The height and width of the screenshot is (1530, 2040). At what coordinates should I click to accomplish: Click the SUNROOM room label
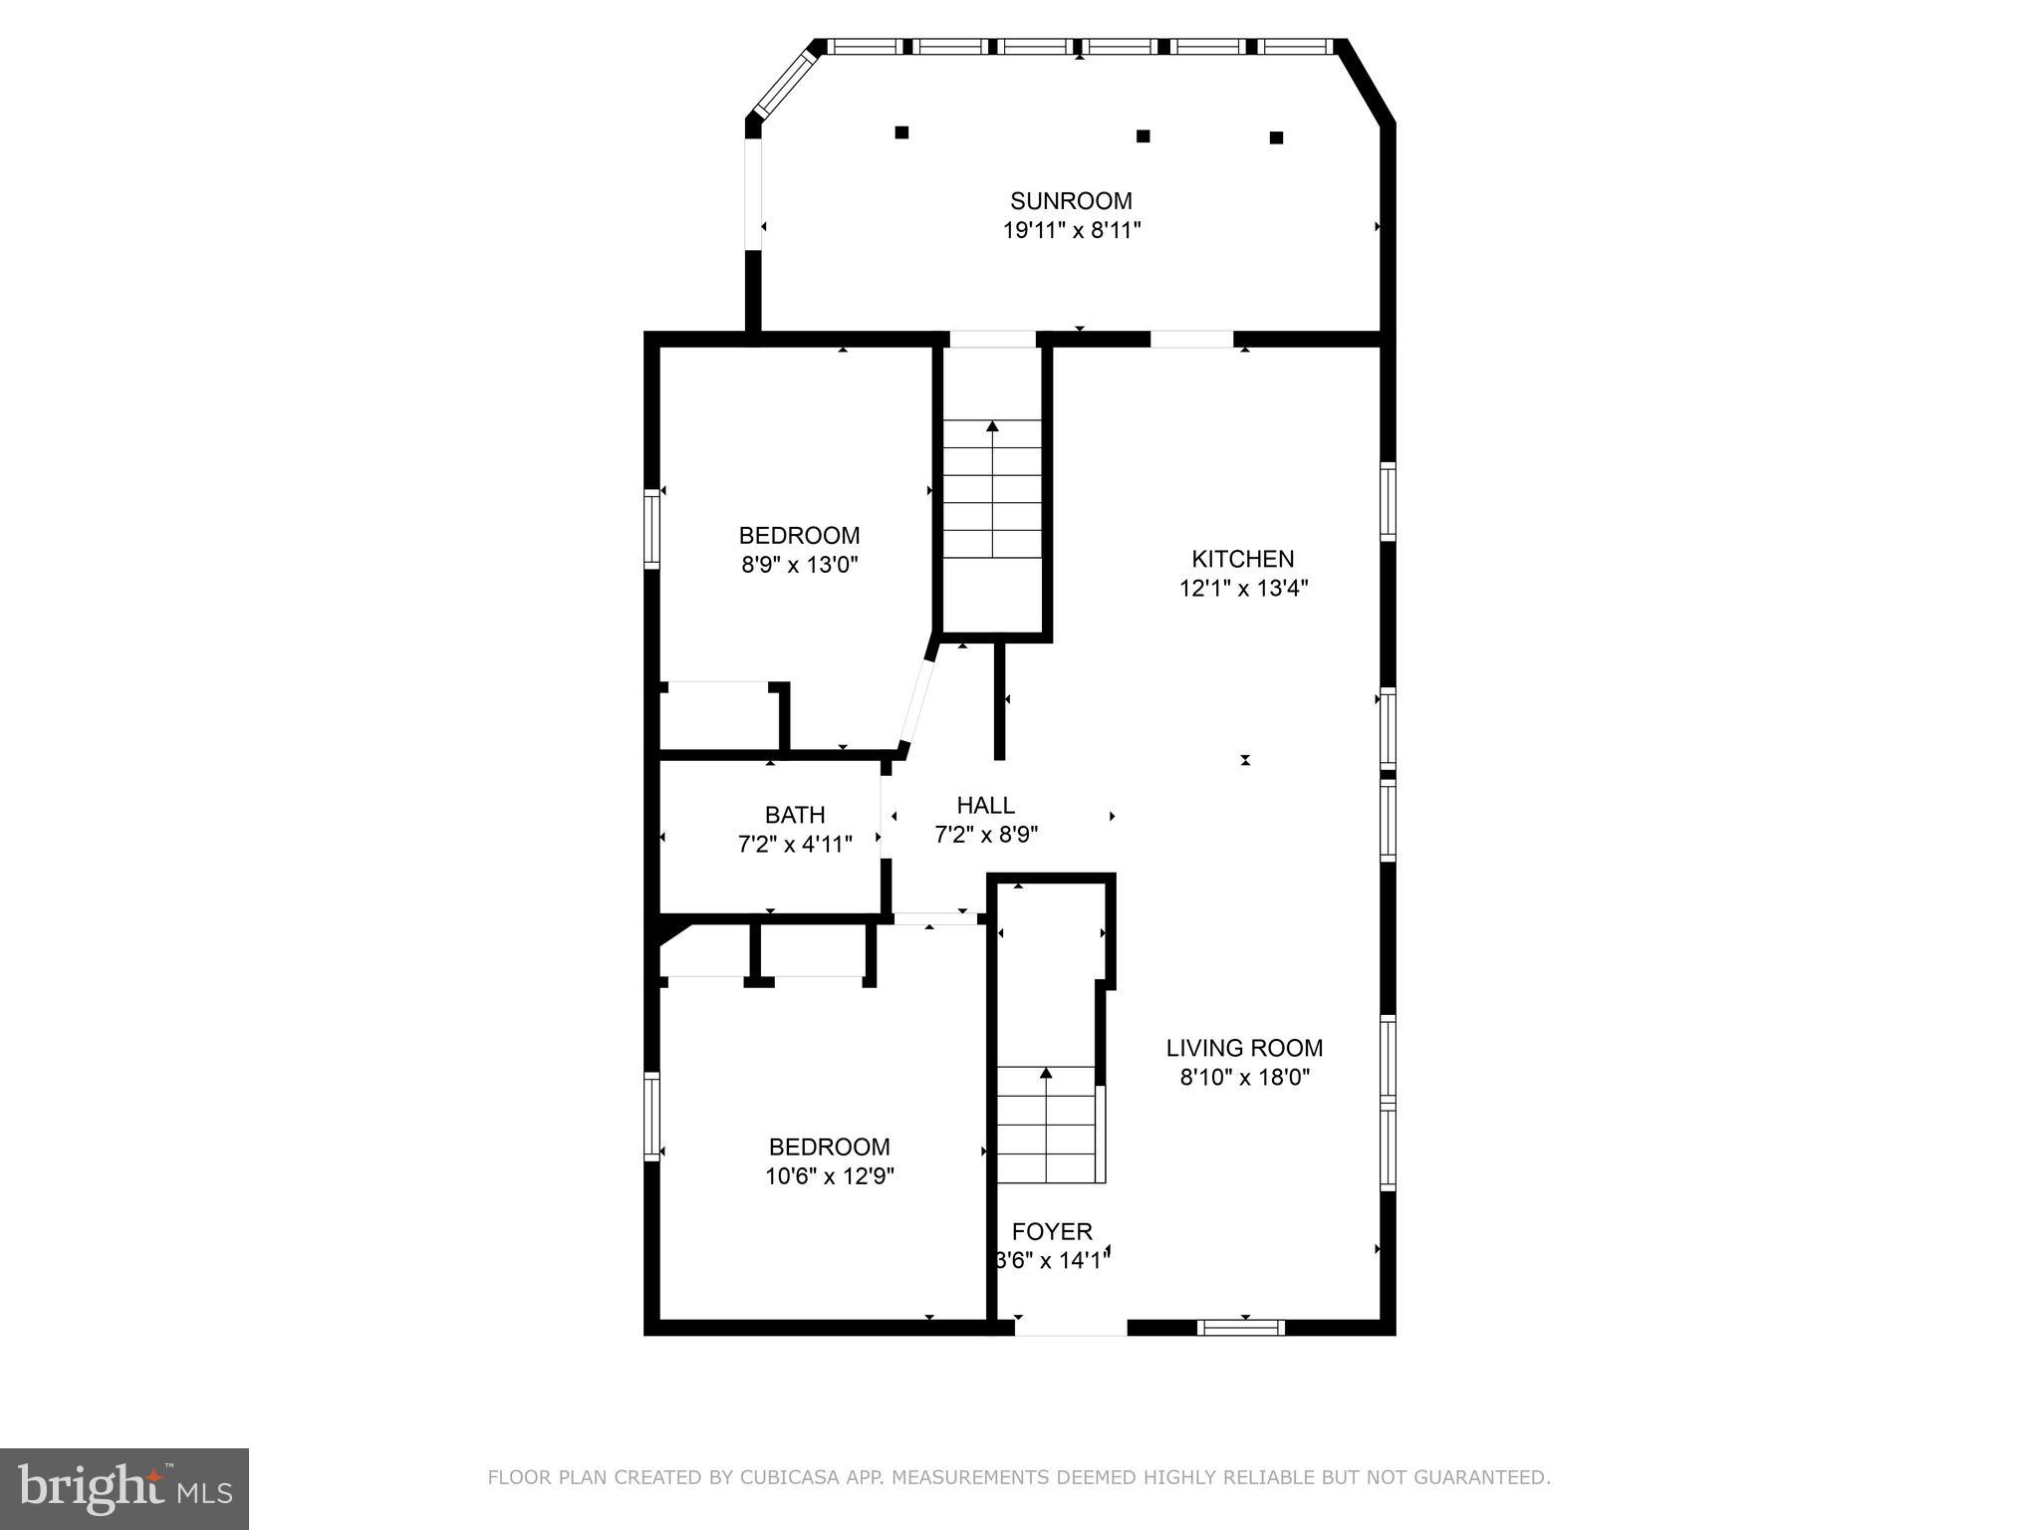pyautogui.click(x=1071, y=201)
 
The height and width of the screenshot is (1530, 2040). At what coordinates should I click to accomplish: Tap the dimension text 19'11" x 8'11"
pyautogui.click(x=1071, y=231)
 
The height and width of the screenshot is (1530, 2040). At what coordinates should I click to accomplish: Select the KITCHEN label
pyautogui.click(x=1243, y=559)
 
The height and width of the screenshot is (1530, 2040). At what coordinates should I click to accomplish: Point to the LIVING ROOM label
pyautogui.click(x=1244, y=1048)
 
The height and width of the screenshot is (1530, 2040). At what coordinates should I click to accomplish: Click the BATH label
pyautogui.click(x=795, y=815)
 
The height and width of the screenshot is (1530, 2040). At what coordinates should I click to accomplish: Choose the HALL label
pyautogui.click(x=985, y=805)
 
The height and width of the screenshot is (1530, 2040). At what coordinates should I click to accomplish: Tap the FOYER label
pyautogui.click(x=1052, y=1231)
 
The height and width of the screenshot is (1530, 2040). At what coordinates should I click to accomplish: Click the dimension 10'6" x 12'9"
pyautogui.click(x=829, y=1176)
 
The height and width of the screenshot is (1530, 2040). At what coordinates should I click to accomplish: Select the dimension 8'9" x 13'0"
pyautogui.click(x=799, y=565)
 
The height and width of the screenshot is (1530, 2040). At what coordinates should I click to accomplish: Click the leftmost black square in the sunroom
pyautogui.click(x=901, y=132)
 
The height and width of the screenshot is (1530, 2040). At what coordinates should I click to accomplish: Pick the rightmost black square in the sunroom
pyautogui.click(x=1276, y=137)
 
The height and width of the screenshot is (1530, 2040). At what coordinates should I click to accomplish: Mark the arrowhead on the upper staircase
pyautogui.click(x=992, y=426)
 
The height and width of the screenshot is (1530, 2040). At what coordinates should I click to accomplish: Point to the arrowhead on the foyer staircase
pyautogui.click(x=1046, y=1073)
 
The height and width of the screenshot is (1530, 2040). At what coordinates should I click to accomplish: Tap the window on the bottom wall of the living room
pyautogui.click(x=1240, y=1327)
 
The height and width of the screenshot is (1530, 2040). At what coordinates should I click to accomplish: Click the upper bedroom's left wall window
pyautogui.click(x=651, y=528)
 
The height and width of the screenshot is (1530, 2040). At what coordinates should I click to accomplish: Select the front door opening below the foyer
pyautogui.click(x=1070, y=1328)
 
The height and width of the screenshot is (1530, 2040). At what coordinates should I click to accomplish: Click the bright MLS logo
pyautogui.click(x=124, y=1488)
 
